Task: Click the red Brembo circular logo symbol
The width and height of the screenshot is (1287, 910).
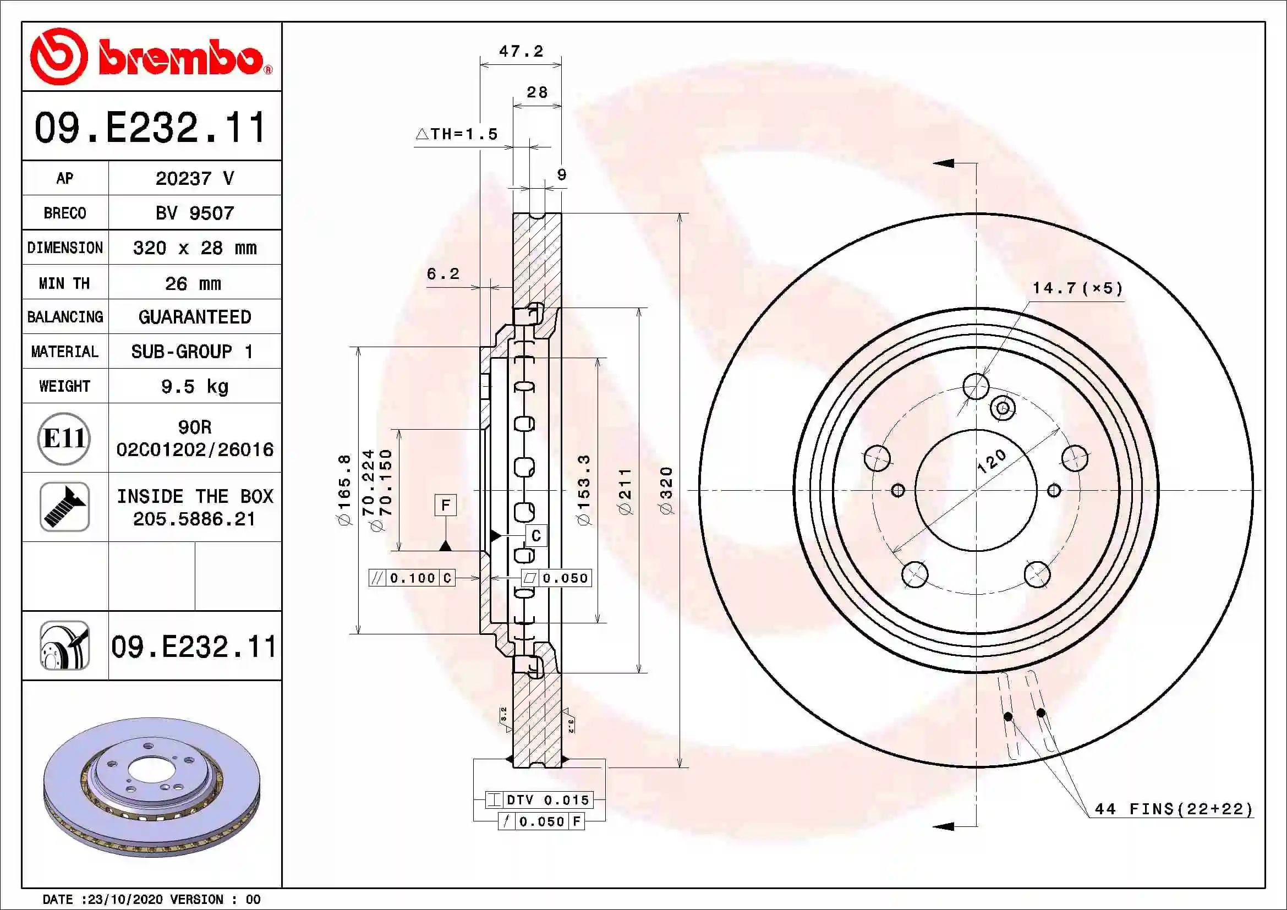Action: pyautogui.click(x=59, y=56)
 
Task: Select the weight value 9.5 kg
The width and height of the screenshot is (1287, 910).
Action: pyautogui.click(x=194, y=387)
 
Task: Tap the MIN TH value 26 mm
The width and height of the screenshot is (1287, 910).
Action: pyautogui.click(x=193, y=283)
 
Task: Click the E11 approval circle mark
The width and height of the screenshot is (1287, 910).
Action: pyautogui.click(x=64, y=438)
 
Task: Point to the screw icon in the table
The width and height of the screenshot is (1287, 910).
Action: pyautogui.click(x=64, y=507)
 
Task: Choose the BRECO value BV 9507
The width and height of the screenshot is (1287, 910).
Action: pyautogui.click(x=194, y=213)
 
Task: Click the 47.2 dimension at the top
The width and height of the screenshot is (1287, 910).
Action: pyautogui.click(x=521, y=52)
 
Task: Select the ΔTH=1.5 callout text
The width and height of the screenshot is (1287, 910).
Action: pyautogui.click(x=456, y=134)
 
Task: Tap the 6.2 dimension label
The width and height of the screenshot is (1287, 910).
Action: pyautogui.click(x=443, y=273)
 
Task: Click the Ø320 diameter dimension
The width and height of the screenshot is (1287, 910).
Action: pyautogui.click(x=666, y=491)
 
